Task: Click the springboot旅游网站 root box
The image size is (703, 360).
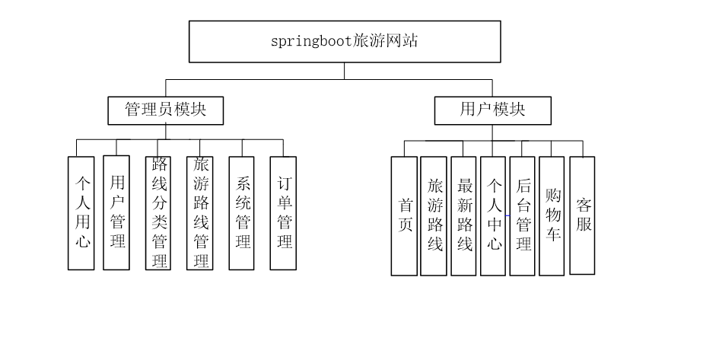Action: coord(344,41)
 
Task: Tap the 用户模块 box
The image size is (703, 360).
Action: coord(492,110)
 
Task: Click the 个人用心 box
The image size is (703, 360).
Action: coord(81,213)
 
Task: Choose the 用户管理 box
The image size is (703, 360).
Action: coord(116,212)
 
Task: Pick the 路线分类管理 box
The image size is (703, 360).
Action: coord(159,213)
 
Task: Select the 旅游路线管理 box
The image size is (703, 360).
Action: coord(200,213)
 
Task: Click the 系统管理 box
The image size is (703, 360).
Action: coord(242,213)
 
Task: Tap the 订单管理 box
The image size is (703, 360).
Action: coord(284,213)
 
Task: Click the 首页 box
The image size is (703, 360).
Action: coord(405,216)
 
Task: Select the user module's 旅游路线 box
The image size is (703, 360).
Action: coord(435,216)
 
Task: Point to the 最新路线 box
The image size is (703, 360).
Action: coord(464,216)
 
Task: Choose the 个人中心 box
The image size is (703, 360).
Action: coord(494,216)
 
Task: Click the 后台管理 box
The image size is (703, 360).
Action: coord(523,216)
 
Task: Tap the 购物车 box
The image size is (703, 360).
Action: coord(552,216)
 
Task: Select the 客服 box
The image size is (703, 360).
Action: coord(583,215)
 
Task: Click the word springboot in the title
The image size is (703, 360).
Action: coord(311,41)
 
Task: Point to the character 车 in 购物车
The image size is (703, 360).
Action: coord(552,234)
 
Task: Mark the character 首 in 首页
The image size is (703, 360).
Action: coord(405,205)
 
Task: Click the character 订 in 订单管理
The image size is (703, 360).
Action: coord(284,183)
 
